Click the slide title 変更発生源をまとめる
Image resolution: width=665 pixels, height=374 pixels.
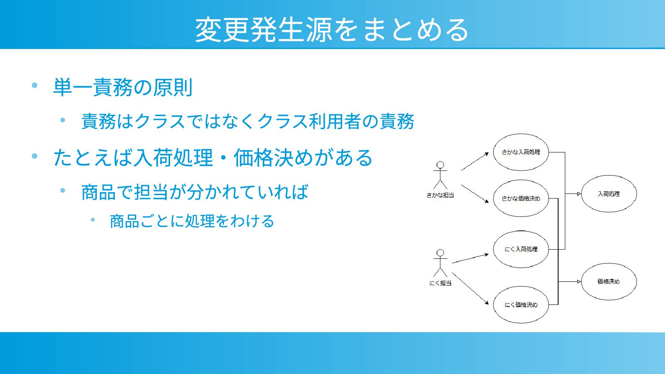point(332,29)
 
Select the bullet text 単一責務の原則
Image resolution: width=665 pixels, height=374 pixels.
point(123,88)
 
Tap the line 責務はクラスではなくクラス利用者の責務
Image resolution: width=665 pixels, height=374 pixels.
point(248,121)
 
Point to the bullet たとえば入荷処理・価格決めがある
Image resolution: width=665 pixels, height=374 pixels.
point(213,158)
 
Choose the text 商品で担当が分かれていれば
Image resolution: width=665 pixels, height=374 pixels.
point(195,192)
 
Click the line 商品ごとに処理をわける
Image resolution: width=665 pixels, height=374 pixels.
point(192,221)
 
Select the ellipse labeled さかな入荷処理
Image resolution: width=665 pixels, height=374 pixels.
point(521,152)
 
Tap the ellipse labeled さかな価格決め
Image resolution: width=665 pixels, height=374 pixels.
point(521,199)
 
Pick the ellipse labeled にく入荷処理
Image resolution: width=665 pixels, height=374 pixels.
point(521,249)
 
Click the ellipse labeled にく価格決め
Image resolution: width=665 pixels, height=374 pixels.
point(521,305)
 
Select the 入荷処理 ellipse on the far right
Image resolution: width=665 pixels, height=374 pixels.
point(608,194)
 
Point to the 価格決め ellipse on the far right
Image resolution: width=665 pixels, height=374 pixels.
point(608,281)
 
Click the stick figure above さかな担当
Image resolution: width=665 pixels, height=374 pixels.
point(440,175)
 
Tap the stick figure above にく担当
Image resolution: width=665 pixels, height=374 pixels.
point(440,263)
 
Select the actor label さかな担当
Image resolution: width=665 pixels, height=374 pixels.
point(440,195)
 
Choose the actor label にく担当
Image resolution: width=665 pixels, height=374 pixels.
point(440,283)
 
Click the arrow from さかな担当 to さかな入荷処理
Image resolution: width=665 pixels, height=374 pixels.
point(475,162)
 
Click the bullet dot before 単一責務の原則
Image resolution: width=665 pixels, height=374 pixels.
point(35,86)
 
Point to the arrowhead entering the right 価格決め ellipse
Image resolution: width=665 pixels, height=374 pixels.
point(579,281)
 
